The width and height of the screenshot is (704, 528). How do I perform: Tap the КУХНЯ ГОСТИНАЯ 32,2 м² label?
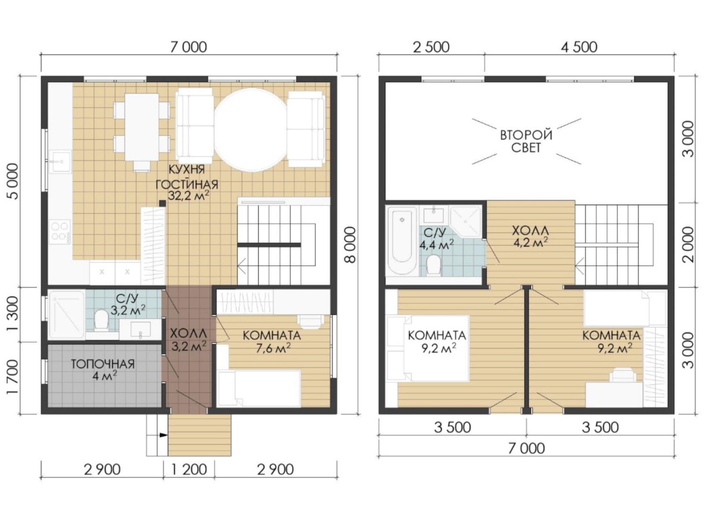coord(187,183)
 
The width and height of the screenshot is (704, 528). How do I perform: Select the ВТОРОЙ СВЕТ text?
coord(526,141)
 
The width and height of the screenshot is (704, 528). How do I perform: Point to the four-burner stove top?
coord(60,231)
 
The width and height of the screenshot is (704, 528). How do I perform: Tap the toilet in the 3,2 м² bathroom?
coord(102,319)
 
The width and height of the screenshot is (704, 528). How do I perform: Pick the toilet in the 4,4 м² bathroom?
coord(433,265)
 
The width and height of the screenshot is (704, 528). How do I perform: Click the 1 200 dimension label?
coord(189,469)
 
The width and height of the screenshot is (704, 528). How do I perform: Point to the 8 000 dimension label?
coord(352,245)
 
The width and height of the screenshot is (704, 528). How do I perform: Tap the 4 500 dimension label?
coord(579,48)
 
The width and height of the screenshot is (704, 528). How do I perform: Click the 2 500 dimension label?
coord(431,48)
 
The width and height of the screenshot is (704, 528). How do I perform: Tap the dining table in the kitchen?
coord(142,127)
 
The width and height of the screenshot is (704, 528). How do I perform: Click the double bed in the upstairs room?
coord(428,348)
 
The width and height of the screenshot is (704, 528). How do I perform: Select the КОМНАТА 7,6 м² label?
coord(272,342)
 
